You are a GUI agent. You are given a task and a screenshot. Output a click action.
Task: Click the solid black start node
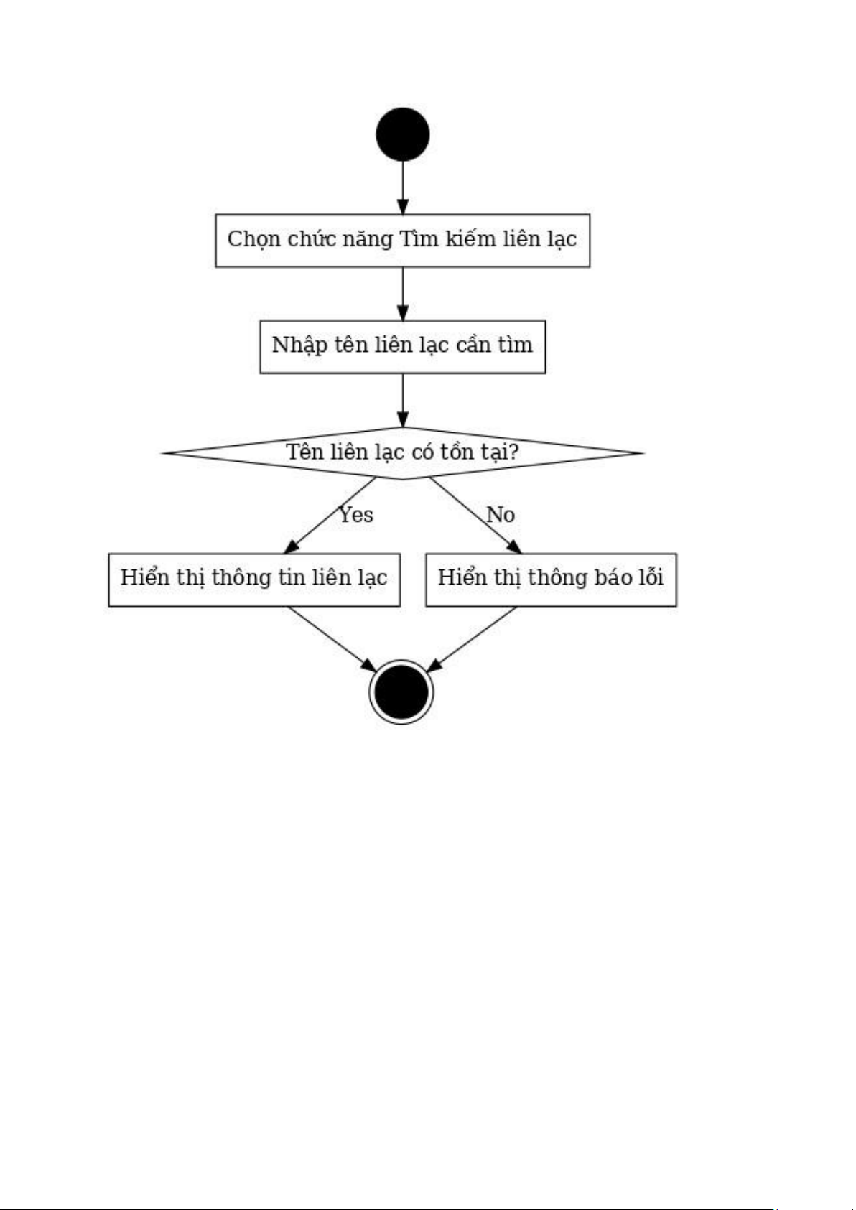pos(403,134)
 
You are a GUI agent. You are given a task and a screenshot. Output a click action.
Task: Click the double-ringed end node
pos(402,692)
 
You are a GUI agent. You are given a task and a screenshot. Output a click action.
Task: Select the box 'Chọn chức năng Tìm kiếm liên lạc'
pos(403,241)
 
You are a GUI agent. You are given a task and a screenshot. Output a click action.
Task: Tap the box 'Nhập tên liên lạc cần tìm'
pos(403,347)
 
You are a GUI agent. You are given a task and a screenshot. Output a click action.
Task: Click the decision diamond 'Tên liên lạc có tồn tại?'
pos(403,452)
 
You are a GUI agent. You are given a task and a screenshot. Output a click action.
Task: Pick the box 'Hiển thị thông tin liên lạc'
pos(254,580)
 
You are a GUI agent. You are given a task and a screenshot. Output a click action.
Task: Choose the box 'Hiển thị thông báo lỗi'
pos(552,580)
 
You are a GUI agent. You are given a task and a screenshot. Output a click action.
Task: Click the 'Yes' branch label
pos(356,514)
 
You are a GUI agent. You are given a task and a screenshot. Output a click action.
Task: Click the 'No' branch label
pos(501,514)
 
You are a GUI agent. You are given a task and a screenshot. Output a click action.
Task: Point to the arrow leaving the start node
pos(403,187)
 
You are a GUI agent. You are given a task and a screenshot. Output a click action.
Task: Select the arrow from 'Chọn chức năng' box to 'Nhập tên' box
pos(403,294)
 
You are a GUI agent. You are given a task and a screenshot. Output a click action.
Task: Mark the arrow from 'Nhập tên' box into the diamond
pos(403,400)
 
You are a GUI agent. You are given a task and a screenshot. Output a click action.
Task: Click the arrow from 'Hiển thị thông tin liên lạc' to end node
pos(332,639)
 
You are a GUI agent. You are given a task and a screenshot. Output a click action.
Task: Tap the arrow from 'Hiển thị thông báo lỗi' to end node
pos(472,639)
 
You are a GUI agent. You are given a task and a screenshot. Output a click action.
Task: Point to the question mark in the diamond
pos(513,452)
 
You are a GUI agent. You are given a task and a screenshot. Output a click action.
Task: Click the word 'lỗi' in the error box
pos(651,577)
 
